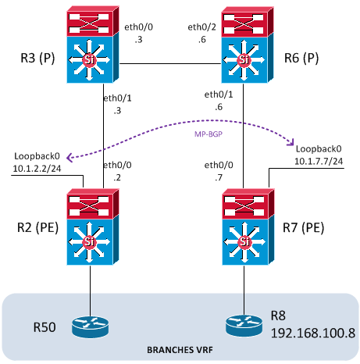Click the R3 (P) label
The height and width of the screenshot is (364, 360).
pos(37,58)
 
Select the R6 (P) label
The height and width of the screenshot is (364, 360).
pos(301,58)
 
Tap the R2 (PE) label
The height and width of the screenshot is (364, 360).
pos(37,227)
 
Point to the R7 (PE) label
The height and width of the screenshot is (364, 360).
pos(303,227)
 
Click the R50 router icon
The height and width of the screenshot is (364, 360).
pos(90,327)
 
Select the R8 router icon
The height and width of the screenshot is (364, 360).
pos(244,326)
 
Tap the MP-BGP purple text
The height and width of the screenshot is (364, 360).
pos(209,134)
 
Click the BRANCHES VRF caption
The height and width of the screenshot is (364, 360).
pos(180,350)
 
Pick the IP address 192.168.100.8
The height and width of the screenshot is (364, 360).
pos(313,333)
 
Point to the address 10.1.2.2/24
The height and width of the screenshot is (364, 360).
pos(37,169)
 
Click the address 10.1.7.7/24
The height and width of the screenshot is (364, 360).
pos(319,161)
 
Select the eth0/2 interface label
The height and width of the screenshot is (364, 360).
pos(201,27)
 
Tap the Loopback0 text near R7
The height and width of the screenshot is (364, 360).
pos(319,148)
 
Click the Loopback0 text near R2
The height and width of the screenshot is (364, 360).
pos(37,156)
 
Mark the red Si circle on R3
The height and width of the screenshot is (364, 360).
pos(89,59)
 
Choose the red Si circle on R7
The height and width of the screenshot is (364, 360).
pos(244,242)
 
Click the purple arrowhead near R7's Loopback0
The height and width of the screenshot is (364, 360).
pos(290,142)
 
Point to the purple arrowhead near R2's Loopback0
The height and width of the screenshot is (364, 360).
pos(70,158)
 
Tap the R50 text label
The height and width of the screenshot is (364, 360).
pos(45,327)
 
